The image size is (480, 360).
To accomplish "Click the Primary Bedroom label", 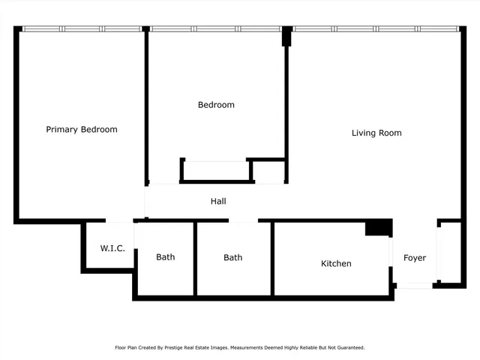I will [82, 130].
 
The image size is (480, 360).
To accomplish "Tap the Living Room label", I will [376, 133].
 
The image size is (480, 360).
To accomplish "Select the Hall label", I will [218, 202].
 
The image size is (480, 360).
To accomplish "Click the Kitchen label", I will [336, 264].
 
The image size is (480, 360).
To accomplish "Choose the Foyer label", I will [415, 258].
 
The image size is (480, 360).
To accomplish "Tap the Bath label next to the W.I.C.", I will [166, 257].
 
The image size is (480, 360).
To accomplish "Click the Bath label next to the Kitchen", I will [232, 258].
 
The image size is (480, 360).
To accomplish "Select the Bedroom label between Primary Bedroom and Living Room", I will [216, 105].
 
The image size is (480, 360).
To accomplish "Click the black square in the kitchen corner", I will [378, 228].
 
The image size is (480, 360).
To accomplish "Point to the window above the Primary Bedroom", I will [82, 29].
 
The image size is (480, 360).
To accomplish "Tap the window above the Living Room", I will [375, 29].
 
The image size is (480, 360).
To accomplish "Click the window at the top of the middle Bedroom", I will [216, 29].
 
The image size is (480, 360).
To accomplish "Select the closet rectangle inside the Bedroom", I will [216, 171].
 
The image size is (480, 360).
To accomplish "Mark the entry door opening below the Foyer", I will [415, 286].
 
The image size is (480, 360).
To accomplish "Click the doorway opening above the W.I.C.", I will [120, 221].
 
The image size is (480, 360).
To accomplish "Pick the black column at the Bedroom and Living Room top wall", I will [286, 36].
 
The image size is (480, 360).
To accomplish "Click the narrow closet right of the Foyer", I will [450, 253].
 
